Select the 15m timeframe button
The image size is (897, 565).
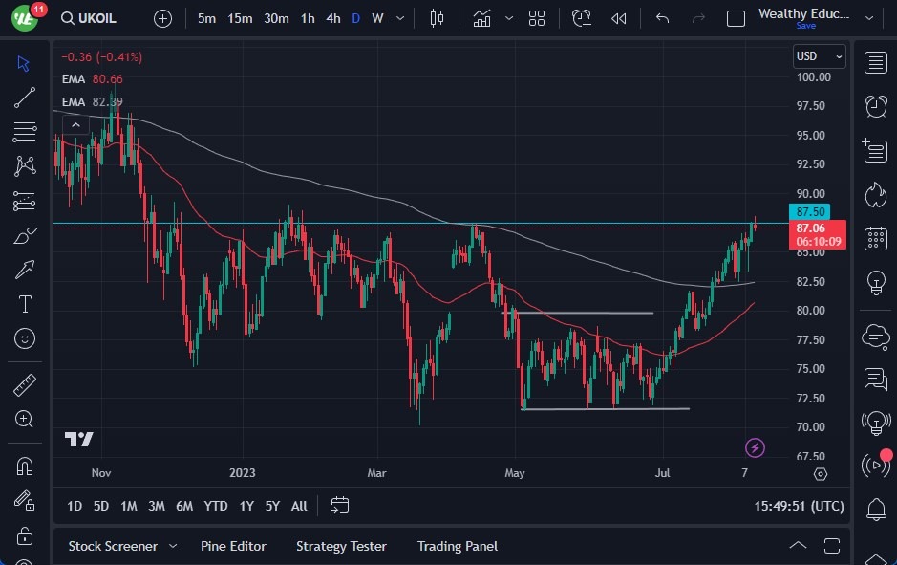[240, 18]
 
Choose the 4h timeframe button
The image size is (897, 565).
[332, 18]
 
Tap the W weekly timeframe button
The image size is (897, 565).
[377, 18]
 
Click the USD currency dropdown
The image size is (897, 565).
[820, 56]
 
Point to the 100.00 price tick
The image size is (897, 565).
[813, 77]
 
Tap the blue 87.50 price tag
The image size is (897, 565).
[810, 212]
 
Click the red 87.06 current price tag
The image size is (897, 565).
[810, 228]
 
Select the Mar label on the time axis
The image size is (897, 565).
[376, 473]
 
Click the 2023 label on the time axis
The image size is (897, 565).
[243, 473]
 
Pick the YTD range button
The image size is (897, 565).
[216, 506]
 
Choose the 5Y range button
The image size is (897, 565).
[272, 506]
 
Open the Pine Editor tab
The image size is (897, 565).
[233, 546]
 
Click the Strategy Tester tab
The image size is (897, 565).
[341, 546]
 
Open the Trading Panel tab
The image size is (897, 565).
[457, 546]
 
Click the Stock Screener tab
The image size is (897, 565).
[113, 546]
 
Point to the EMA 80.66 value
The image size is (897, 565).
[108, 79]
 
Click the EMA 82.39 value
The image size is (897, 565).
[108, 101]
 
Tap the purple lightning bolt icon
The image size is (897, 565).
[755, 447]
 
